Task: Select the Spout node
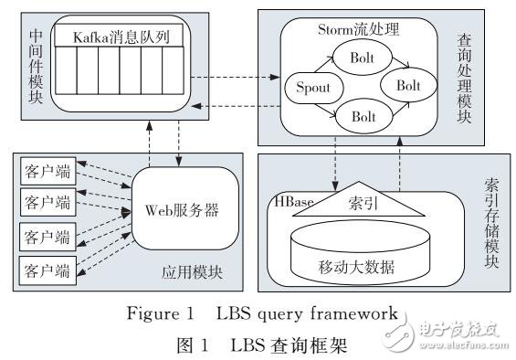[311, 89]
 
